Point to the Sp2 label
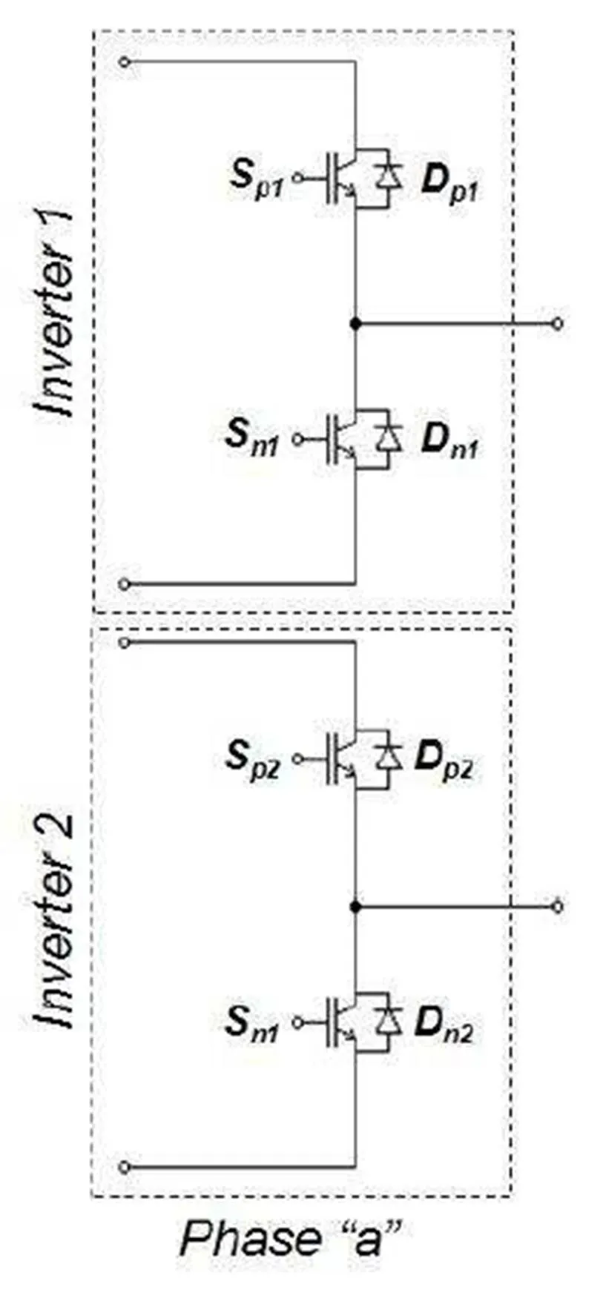tap(253, 761)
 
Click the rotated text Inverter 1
tap(56, 314)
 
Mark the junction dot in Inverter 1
tap(356, 324)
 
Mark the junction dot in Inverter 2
tap(356, 906)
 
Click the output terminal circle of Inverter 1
tap(558, 324)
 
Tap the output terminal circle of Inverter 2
tap(558, 906)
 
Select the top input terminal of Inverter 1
tap(125, 62)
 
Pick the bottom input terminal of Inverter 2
tap(125, 1167)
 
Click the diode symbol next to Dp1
tap(388, 178)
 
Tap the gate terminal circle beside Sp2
tap(298, 758)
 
